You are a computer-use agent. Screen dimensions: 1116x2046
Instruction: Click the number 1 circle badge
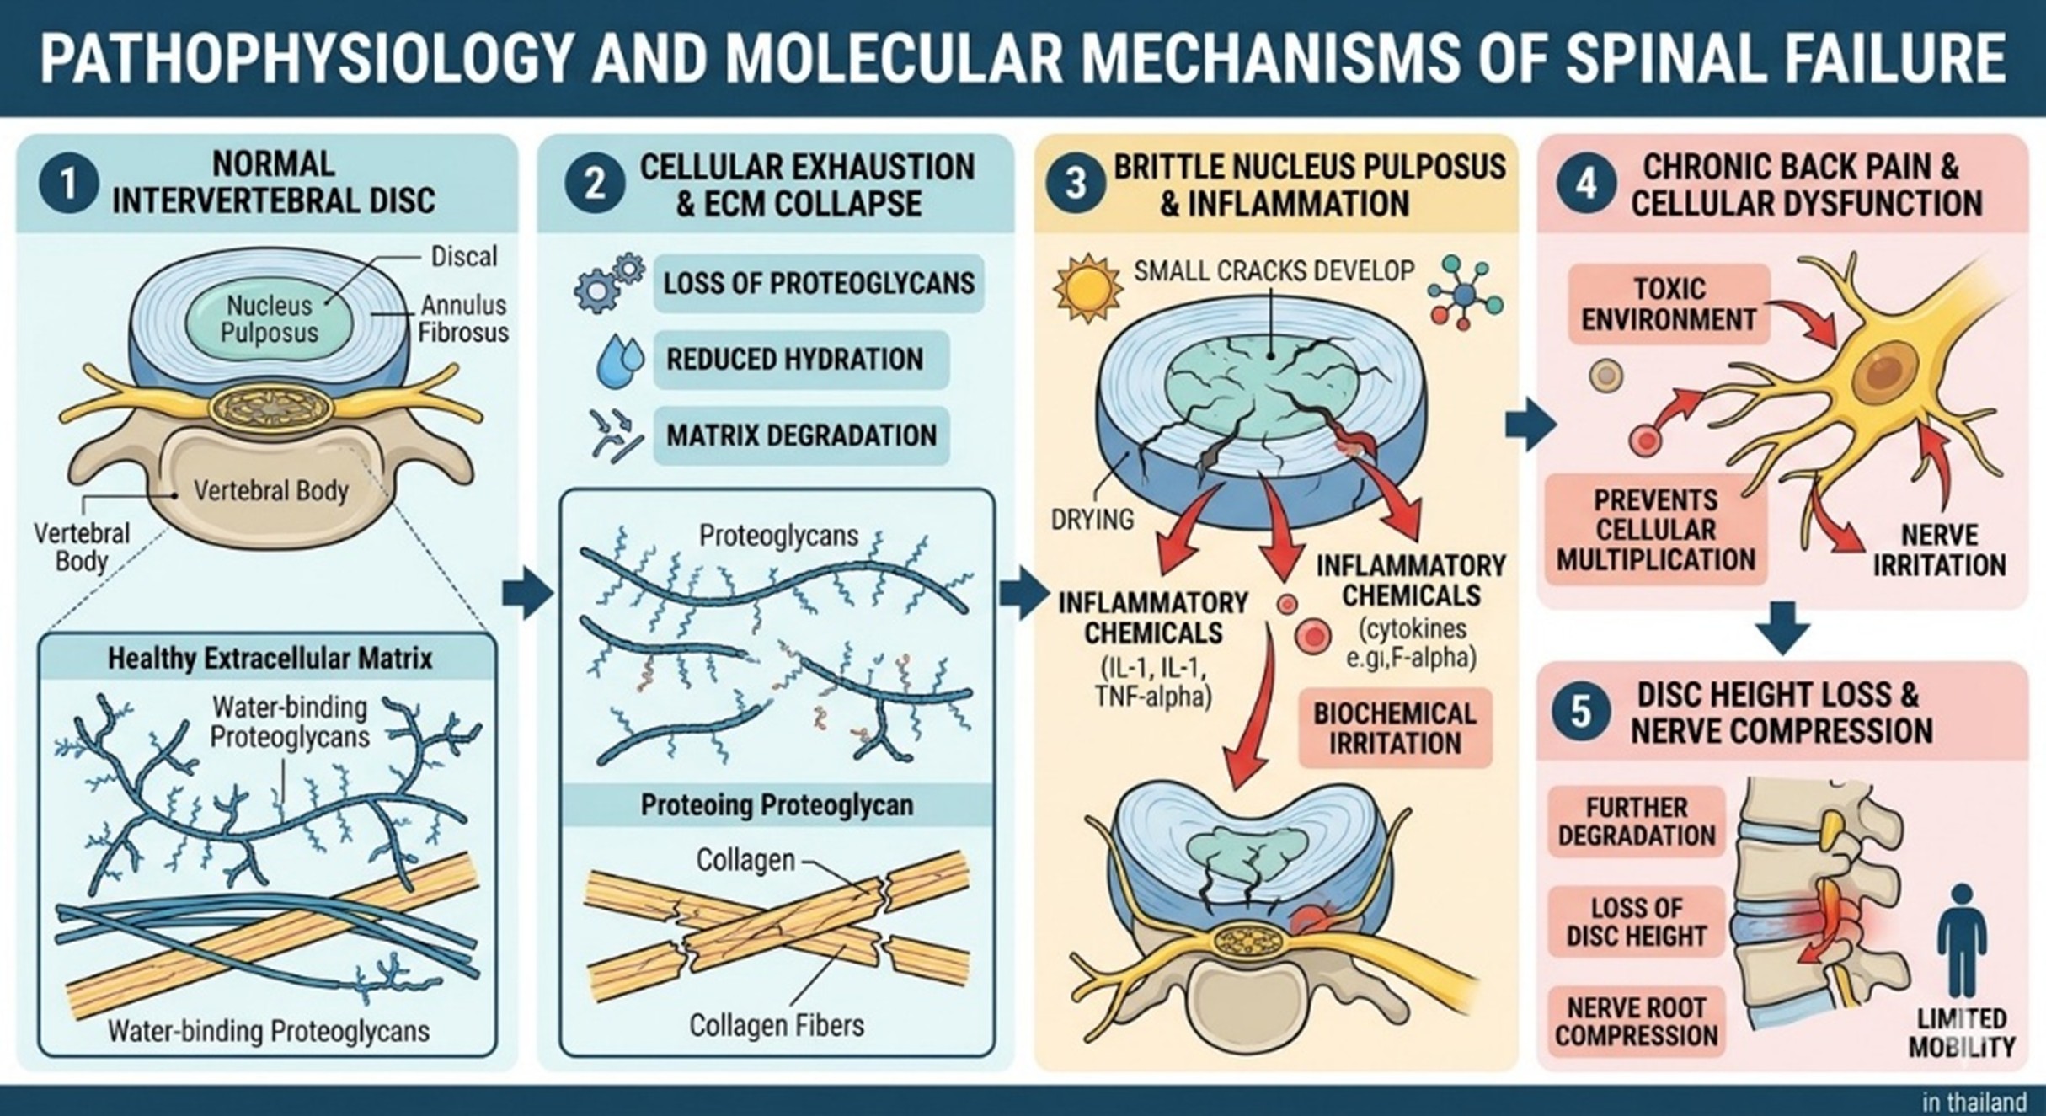click(x=68, y=183)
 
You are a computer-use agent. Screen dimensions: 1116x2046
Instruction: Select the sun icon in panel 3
click(x=1087, y=287)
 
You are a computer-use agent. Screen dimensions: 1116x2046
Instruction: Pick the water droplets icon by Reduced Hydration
click(x=619, y=360)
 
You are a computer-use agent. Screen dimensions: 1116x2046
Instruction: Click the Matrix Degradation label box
click(x=800, y=435)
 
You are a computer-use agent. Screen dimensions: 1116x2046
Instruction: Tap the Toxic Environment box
click(x=1668, y=304)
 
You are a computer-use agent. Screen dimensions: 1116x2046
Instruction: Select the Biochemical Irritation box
click(x=1394, y=729)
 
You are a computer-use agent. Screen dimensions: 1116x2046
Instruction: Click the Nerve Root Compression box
click(x=1636, y=1022)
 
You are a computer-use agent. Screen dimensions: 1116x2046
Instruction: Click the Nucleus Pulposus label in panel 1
click(x=269, y=318)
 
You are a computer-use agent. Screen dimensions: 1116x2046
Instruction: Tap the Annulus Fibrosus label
click(x=463, y=318)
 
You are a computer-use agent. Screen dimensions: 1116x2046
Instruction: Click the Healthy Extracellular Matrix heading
click(x=270, y=658)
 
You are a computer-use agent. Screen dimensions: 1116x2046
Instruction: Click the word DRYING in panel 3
click(x=1092, y=519)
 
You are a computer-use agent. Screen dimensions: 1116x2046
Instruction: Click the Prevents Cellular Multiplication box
click(x=1655, y=530)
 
